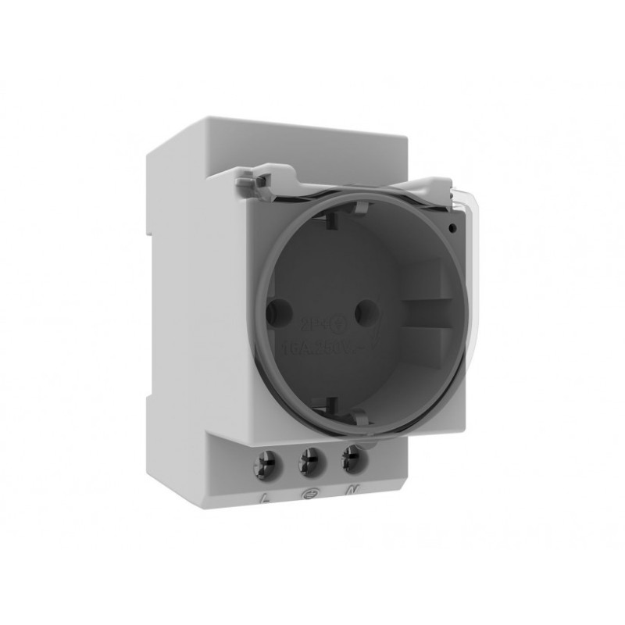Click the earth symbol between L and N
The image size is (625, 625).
pyautogui.click(x=306, y=494)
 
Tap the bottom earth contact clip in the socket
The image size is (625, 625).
pyautogui.click(x=330, y=405)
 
